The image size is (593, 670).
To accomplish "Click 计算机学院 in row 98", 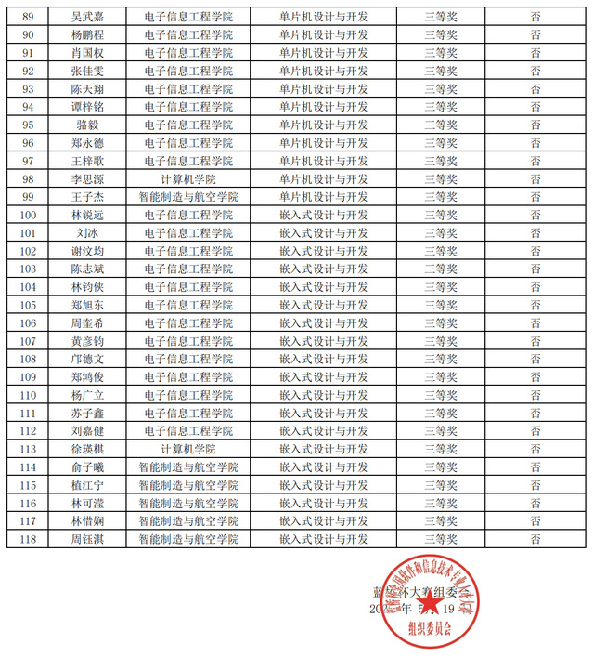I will pos(188,178).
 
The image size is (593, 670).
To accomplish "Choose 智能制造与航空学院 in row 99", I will pos(188,197).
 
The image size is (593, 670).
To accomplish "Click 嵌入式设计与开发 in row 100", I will pos(323,215).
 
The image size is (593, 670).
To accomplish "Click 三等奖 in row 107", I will pos(440,341).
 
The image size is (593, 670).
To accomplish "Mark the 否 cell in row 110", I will pos(535,395).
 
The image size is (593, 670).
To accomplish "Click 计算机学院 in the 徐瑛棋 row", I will pos(188,449).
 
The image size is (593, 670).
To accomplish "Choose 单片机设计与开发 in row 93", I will pos(323,88).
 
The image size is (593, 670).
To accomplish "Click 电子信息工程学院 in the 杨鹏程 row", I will pos(188,34).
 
